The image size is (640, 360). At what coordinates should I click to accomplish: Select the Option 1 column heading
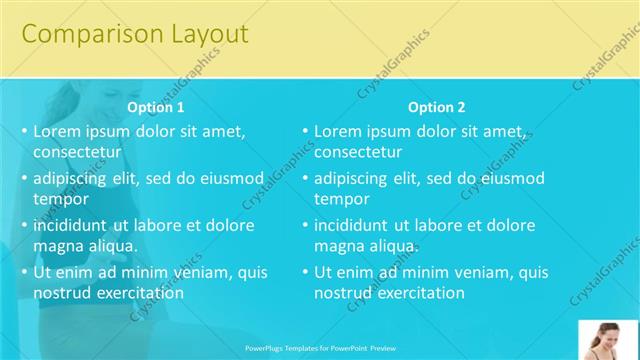tap(156, 107)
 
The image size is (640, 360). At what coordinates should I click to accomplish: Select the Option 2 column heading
tap(437, 107)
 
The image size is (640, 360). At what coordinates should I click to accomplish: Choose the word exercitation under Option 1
tap(137, 293)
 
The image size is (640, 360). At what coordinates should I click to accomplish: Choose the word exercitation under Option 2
tap(418, 293)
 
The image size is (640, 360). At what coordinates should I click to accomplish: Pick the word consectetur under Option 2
tap(358, 152)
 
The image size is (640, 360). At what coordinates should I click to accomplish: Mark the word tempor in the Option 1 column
tap(61, 199)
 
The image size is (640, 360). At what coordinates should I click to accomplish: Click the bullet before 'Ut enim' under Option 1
tap(24, 272)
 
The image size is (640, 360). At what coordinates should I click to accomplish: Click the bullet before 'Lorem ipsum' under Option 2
tap(305, 131)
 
